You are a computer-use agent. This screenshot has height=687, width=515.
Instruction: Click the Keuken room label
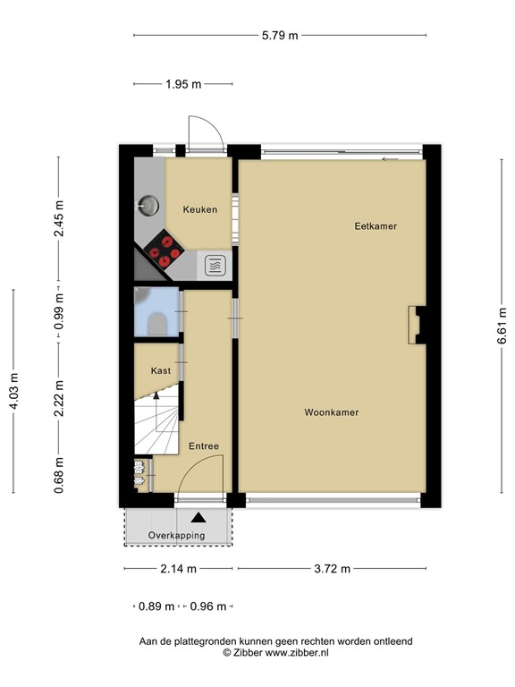pos(199,209)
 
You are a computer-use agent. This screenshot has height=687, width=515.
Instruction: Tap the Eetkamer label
pos(376,226)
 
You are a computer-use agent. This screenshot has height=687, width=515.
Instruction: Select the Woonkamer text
pos(332,412)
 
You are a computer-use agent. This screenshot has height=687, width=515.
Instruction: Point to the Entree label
pos(204,446)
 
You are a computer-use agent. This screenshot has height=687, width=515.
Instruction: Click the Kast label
pos(161,370)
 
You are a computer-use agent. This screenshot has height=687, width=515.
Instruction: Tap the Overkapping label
pos(176,536)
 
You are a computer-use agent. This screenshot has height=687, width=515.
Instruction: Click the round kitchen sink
pos(148,205)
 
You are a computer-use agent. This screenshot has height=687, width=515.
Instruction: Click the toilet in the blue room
pos(156,324)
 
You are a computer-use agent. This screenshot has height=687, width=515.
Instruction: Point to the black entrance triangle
pos(198,517)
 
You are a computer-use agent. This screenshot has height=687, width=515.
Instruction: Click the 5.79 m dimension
pos(280,36)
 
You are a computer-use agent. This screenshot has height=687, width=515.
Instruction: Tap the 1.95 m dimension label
pos(183,84)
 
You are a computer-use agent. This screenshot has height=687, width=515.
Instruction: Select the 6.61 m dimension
pos(502,326)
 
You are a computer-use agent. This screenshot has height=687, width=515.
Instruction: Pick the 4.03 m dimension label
pos(13,391)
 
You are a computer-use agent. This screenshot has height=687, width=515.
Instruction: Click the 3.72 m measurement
pos(332,569)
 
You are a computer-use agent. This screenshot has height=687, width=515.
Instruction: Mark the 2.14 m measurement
pos(178,569)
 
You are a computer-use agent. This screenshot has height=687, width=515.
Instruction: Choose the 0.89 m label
pos(156,606)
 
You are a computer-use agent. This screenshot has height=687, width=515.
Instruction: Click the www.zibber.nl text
pos(297,652)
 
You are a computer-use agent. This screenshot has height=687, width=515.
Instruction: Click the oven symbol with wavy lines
pos(215,266)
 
